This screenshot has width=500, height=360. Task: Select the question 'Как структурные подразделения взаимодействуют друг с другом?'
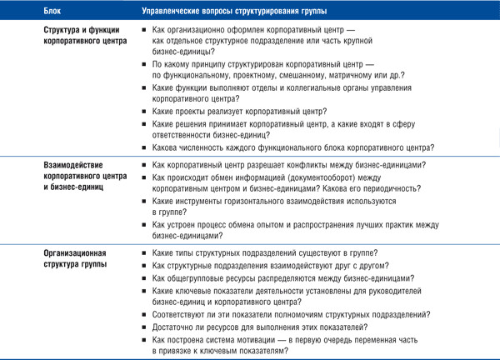267,266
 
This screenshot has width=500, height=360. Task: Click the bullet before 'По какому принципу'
146,63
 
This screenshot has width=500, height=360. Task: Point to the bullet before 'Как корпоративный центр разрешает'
146,165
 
